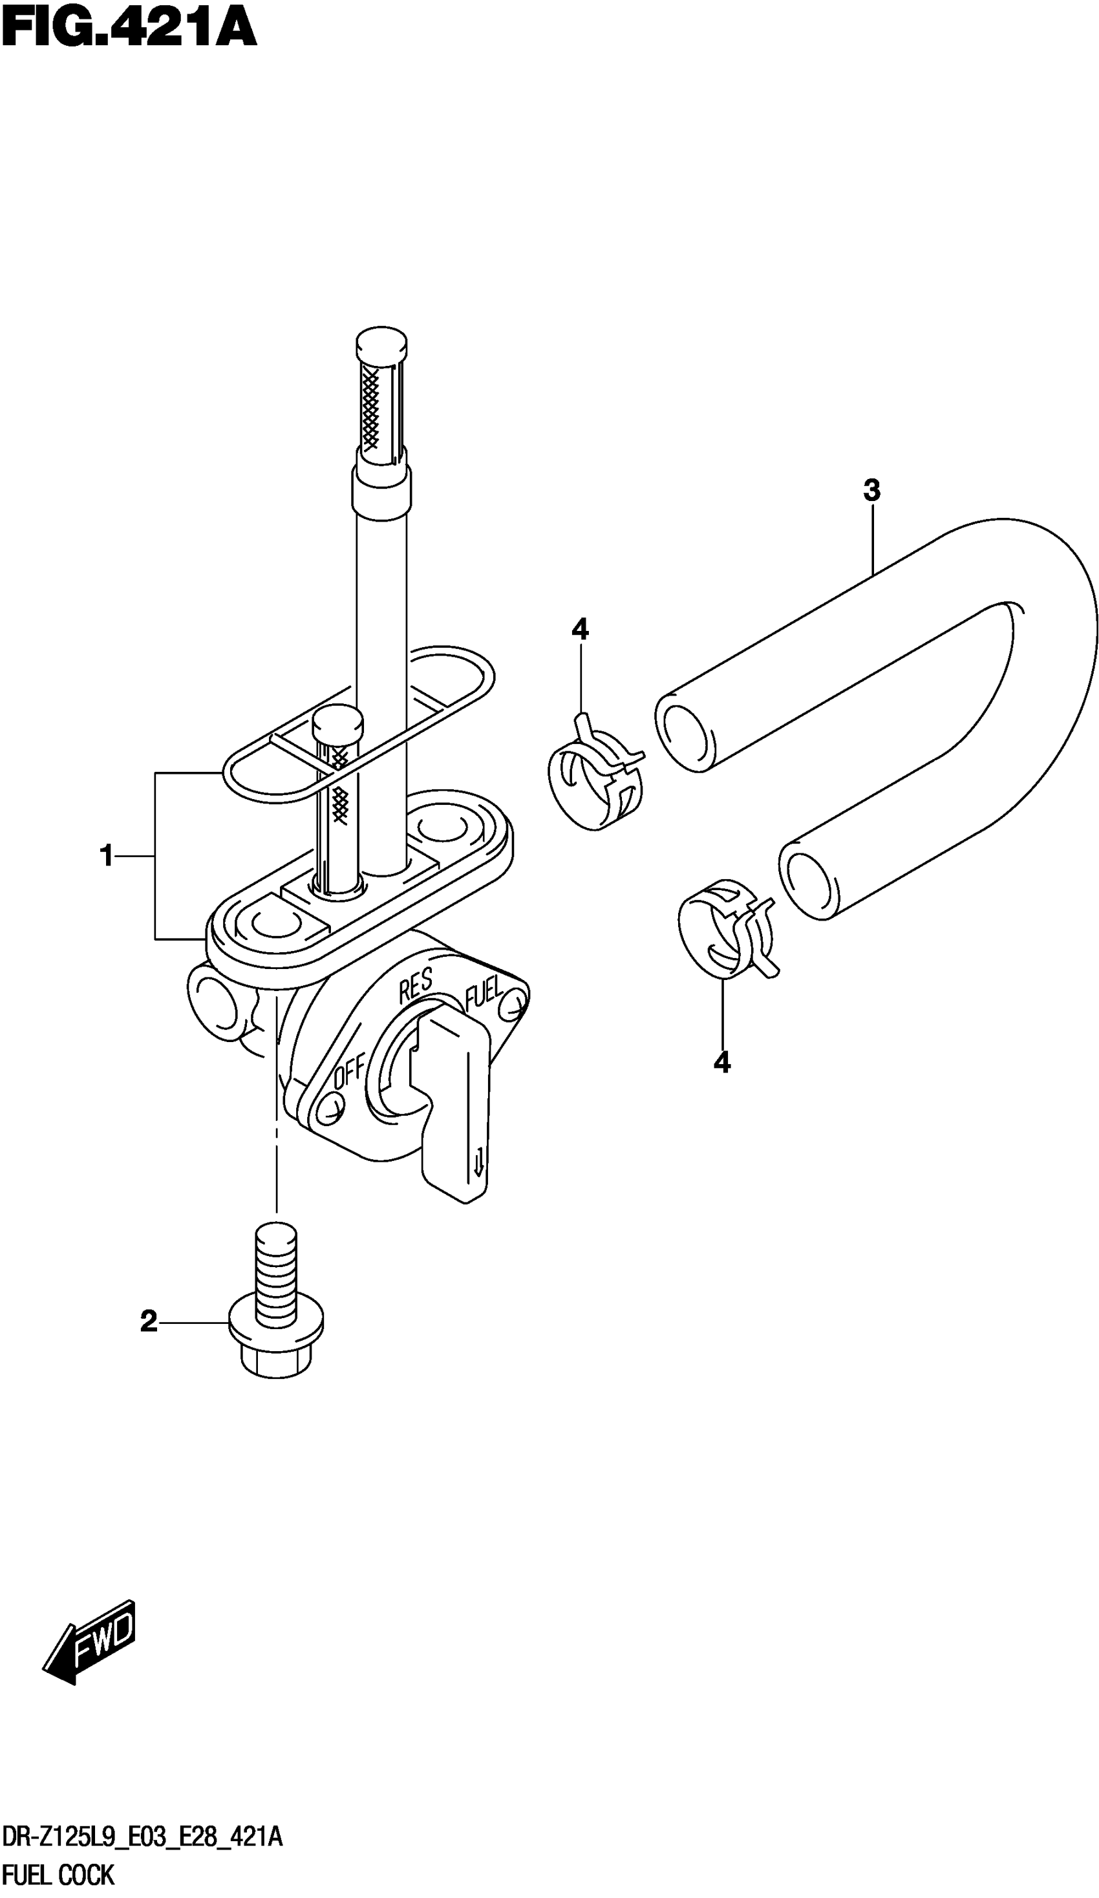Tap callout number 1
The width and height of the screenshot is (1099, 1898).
107,856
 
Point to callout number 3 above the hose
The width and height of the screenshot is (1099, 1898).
871,490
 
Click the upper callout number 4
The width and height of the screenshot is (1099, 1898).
580,629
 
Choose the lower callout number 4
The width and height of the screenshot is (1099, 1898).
721,1062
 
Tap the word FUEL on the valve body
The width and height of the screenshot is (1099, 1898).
482,994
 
